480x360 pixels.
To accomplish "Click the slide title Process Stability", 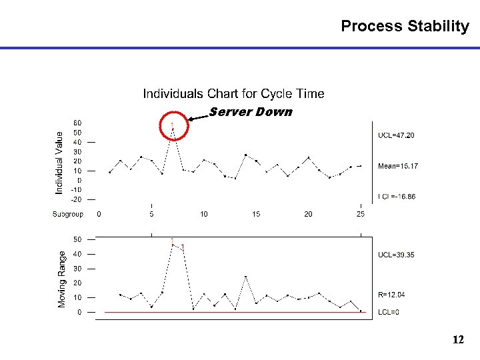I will click(x=405, y=27).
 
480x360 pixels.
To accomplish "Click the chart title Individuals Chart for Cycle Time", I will click(x=233, y=93).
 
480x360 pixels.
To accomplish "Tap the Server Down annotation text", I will click(x=251, y=112).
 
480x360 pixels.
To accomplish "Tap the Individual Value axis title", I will click(x=59, y=163).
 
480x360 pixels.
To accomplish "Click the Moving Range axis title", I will click(x=62, y=279).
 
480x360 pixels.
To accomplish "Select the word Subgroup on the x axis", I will click(x=68, y=214).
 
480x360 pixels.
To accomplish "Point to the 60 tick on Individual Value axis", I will click(x=77, y=123).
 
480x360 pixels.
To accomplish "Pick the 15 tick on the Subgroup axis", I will click(x=256, y=214).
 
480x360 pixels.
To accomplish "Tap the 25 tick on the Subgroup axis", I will click(x=360, y=214).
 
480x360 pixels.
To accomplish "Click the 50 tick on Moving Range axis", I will click(x=77, y=239).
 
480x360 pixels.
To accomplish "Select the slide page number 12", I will click(x=457, y=340).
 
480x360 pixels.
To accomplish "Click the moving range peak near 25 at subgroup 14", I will click(x=245, y=276).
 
